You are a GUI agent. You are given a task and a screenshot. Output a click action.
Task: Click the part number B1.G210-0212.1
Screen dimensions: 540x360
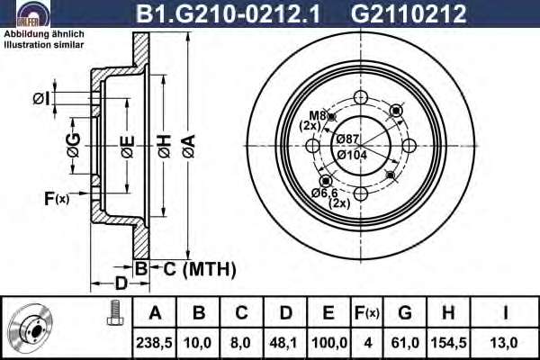point(228,13)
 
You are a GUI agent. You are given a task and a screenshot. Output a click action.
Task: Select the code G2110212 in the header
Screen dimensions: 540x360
point(409,13)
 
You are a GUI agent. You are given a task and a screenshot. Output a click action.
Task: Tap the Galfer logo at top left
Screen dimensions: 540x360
point(33,13)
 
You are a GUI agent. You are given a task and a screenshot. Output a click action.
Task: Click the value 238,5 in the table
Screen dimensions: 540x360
point(154,343)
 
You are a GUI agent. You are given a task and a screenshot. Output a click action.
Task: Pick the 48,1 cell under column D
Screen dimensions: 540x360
point(284,343)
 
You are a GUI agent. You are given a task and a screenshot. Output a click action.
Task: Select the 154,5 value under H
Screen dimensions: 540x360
point(448,343)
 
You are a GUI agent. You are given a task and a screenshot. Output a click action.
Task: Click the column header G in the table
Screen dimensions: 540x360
point(405,313)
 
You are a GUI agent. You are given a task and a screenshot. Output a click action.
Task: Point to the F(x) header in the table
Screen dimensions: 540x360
point(367,313)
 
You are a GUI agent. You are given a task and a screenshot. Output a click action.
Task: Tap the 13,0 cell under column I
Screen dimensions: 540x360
point(505,343)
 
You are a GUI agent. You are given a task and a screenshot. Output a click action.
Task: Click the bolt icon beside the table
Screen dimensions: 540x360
point(114,312)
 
